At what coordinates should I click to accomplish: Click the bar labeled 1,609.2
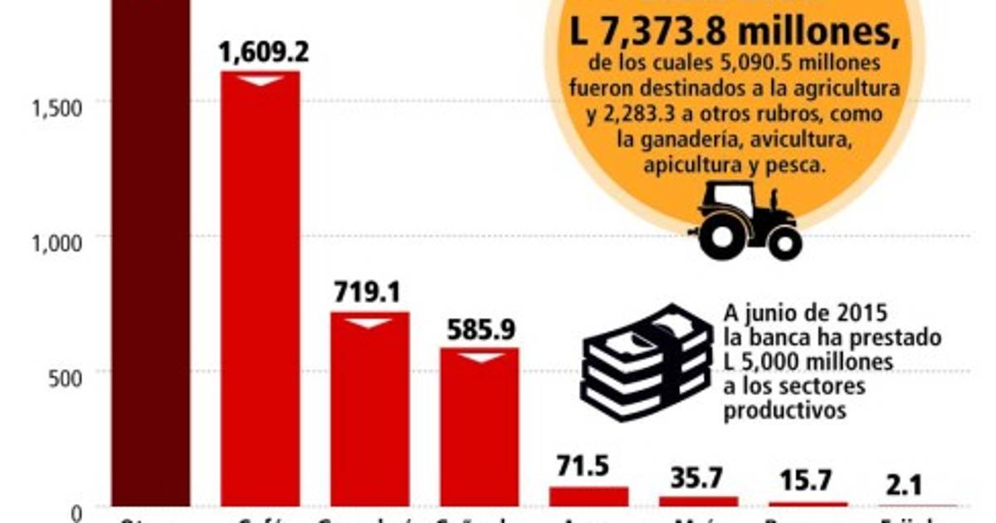point(260,291)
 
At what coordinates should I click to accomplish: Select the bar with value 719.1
point(369,411)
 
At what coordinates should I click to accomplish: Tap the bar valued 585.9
point(479,428)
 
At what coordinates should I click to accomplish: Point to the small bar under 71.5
point(588,496)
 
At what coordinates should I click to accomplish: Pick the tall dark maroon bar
point(150,249)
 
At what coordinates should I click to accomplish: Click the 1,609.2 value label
point(263,52)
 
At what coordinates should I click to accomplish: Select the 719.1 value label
point(368,293)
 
